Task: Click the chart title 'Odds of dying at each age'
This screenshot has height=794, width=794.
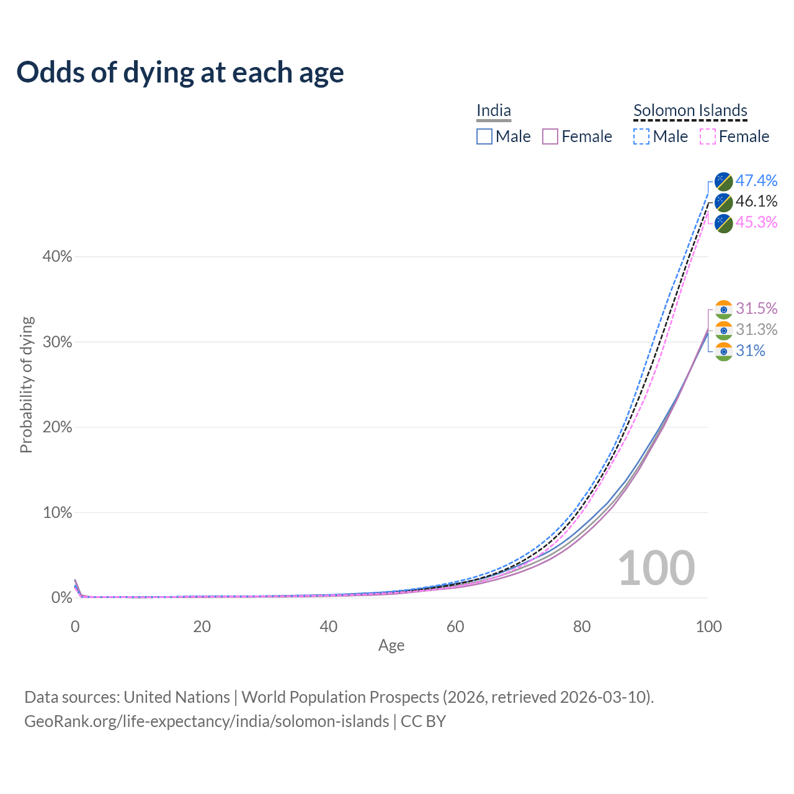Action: coord(180,73)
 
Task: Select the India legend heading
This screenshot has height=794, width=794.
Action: coord(494,110)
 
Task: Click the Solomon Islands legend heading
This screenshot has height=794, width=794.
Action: coord(690,110)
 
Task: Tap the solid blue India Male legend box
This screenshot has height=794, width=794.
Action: coord(484,136)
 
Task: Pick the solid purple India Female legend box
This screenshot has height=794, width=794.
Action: coord(551,136)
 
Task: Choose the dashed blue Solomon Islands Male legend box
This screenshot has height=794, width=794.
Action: coord(641,136)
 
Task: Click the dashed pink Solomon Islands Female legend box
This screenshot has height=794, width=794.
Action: coord(708,136)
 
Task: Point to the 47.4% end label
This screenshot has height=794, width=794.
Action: coord(757,181)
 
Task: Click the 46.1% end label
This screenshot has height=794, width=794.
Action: coord(757,202)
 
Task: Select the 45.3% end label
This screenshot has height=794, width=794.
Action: coord(757,222)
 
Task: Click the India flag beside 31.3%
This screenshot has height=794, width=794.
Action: coord(724,330)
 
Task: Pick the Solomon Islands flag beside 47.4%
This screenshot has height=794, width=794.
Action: coord(724,181)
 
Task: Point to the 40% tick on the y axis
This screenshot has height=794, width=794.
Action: coord(57,257)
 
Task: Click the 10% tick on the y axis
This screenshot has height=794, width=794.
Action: coord(57,513)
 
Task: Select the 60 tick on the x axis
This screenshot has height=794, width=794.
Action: coord(455,627)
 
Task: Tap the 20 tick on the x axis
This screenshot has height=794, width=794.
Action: coord(202,627)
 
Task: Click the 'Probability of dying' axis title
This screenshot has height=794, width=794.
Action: coord(26,385)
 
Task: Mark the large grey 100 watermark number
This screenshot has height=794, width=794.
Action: coord(656,568)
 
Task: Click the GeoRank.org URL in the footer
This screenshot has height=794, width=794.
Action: coord(207,721)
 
